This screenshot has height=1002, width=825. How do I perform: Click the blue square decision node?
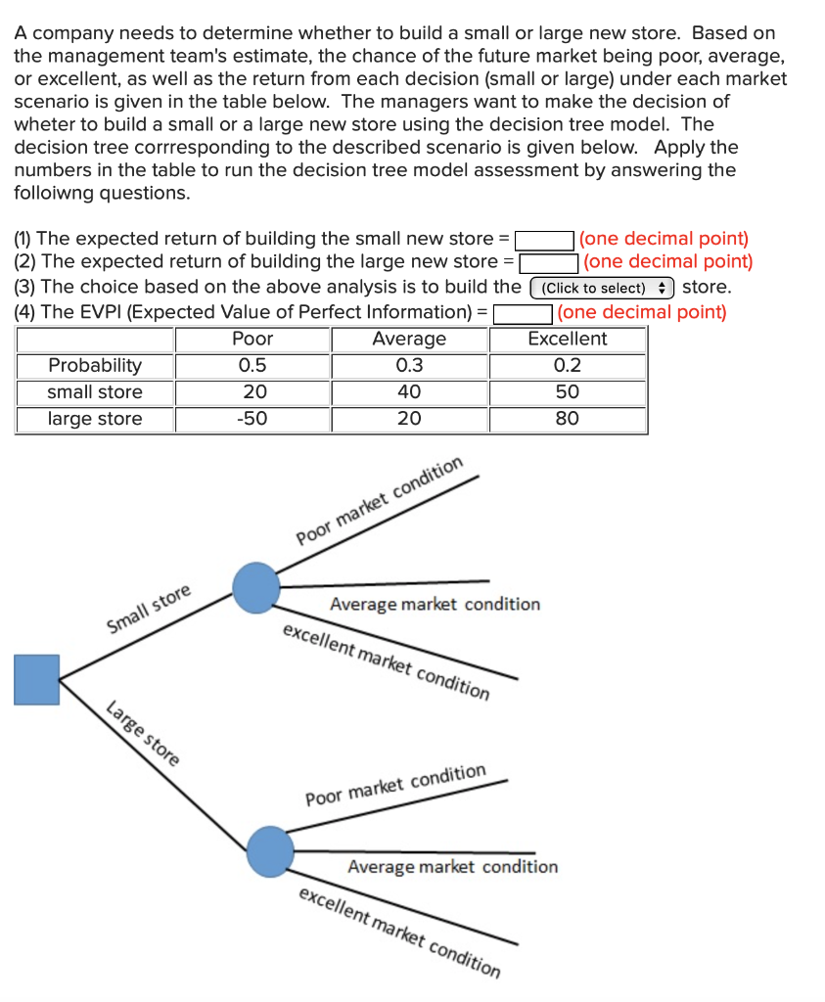(x=37, y=679)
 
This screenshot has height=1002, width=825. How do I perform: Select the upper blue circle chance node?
(x=256, y=586)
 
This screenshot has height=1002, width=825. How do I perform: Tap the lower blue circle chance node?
(x=269, y=851)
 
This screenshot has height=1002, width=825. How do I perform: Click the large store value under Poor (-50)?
(x=252, y=419)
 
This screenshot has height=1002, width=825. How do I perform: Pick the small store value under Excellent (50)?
(x=567, y=392)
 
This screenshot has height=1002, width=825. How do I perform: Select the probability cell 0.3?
(x=409, y=366)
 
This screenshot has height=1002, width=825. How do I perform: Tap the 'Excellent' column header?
(x=567, y=340)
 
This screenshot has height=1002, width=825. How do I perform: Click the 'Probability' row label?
(x=95, y=366)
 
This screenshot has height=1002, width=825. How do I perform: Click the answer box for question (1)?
(x=545, y=239)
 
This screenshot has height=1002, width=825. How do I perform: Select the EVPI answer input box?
(x=524, y=313)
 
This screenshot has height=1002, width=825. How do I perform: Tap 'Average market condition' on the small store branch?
(x=435, y=604)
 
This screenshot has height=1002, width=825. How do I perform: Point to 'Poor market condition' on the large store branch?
(x=395, y=785)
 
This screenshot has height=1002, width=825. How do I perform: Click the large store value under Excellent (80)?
(x=567, y=419)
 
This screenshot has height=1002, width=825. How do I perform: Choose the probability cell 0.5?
(x=252, y=366)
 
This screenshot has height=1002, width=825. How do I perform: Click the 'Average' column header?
(x=409, y=340)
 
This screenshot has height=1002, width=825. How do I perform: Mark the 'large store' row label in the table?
(x=95, y=419)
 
